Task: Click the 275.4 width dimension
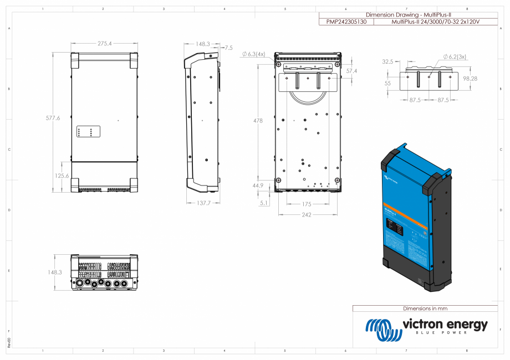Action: click(104, 43)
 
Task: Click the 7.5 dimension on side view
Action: click(228, 48)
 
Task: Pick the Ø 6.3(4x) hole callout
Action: click(254, 54)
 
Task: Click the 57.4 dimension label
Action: click(351, 71)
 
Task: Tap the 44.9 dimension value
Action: click(258, 186)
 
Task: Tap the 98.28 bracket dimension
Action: click(470, 79)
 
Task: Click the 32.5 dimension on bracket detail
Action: click(387, 62)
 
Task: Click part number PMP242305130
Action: click(346, 22)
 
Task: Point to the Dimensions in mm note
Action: click(425, 308)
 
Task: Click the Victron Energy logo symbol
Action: click(382, 330)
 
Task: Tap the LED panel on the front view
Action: click(88, 132)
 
